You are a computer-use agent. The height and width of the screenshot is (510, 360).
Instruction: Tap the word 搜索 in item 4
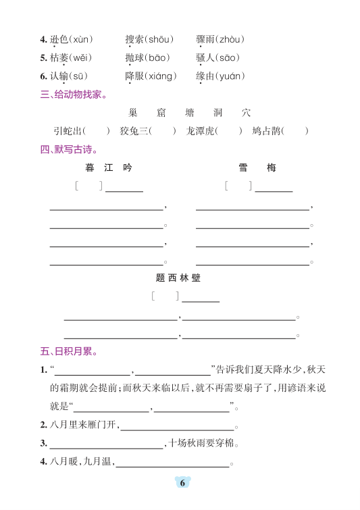134,39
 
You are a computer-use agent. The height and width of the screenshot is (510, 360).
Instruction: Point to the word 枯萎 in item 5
59,58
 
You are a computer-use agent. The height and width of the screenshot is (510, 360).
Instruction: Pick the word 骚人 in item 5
205,58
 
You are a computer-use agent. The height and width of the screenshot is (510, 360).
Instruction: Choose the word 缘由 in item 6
205,76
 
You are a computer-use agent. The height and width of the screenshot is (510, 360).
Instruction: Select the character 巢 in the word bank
132,113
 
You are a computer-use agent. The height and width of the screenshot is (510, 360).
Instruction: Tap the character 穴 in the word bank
246,113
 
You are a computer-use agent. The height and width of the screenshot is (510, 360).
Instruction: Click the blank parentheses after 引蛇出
99,131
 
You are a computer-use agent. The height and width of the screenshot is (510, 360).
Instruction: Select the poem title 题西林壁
178,277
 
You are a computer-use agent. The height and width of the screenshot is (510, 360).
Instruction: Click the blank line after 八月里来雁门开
177,425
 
